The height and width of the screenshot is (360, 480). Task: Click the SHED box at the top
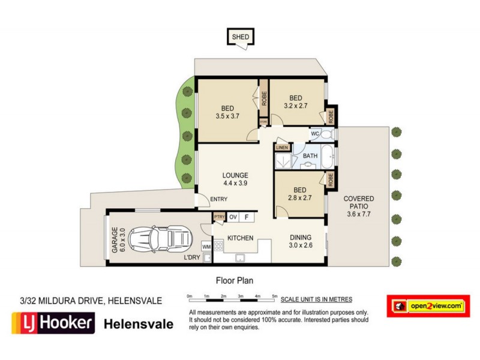240,37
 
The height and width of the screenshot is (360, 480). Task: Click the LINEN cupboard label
281,147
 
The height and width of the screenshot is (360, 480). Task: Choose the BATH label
310,156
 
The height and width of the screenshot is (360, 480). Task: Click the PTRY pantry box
218,217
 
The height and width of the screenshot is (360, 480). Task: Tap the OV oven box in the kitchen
233,217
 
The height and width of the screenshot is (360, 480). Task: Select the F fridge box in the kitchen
246,217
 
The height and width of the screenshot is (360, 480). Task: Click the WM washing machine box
206,247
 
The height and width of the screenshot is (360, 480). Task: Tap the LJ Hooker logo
53,324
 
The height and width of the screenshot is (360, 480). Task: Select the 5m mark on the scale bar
275,296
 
